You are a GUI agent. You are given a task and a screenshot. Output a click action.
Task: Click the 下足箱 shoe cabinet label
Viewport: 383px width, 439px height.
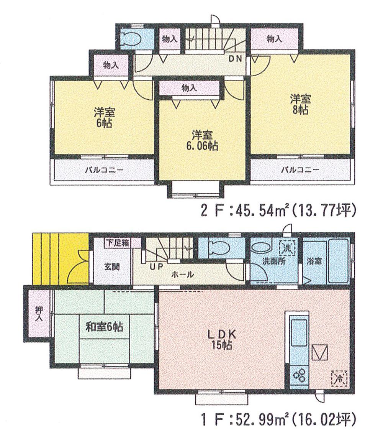(x=117, y=242)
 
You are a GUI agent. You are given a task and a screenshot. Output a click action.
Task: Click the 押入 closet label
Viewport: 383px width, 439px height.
(x=39, y=315)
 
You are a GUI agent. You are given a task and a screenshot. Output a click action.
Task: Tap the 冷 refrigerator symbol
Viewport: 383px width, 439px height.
(x=339, y=378)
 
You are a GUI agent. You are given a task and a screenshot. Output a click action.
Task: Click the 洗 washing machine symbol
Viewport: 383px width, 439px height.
(x=286, y=247)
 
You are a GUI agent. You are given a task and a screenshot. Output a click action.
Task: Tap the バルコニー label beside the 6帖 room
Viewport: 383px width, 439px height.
(x=101, y=170)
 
